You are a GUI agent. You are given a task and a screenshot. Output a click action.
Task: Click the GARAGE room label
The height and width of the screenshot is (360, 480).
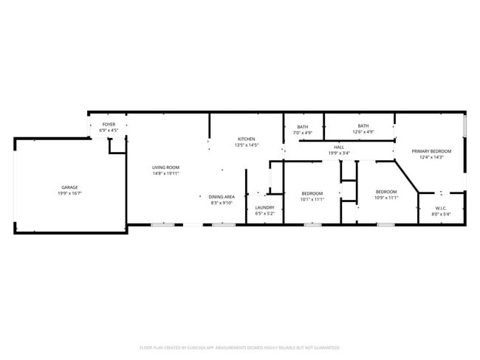click(x=70, y=187)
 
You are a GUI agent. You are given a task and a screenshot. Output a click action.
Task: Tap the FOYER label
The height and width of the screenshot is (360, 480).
click(x=109, y=125)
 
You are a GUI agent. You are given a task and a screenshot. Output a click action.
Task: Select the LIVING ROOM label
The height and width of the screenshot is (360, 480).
click(x=166, y=167)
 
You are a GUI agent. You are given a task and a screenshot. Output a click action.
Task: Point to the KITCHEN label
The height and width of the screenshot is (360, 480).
click(x=246, y=139)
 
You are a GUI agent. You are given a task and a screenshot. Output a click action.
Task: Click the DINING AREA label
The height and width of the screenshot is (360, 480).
click(x=222, y=197)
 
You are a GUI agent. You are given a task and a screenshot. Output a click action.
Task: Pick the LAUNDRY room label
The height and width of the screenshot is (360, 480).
click(x=264, y=208)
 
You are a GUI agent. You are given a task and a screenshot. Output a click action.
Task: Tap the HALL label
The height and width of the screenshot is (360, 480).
click(x=339, y=148)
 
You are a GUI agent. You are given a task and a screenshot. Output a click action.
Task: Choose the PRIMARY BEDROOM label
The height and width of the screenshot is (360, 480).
click(x=431, y=150)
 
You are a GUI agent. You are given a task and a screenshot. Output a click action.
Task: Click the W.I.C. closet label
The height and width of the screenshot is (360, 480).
click(x=441, y=208)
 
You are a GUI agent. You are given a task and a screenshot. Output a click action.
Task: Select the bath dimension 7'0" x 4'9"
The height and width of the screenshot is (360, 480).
click(x=303, y=133)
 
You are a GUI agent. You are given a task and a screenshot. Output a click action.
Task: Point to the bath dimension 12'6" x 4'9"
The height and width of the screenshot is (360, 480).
click(x=363, y=132)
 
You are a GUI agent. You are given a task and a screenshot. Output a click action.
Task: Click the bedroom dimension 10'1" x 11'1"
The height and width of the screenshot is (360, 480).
click(x=312, y=199)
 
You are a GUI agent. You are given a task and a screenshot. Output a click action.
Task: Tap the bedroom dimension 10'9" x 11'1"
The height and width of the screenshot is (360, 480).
click(x=386, y=198)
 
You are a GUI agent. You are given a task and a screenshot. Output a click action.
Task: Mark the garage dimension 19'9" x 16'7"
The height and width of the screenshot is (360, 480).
click(x=70, y=193)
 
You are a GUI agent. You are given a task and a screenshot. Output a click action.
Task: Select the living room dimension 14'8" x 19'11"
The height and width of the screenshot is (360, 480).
click(x=166, y=173)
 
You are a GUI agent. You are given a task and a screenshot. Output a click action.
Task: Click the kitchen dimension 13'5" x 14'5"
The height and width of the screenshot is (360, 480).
click(x=246, y=145)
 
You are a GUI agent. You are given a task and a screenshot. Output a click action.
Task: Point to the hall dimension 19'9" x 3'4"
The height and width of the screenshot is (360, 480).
click(x=339, y=153)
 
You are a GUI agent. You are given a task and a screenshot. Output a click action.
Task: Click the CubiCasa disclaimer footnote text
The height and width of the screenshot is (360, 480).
click(x=239, y=347)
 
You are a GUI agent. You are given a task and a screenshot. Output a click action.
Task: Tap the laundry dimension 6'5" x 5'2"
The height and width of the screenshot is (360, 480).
click(x=264, y=214)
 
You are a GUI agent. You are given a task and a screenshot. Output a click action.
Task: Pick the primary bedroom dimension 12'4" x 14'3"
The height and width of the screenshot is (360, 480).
click(x=431, y=156)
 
